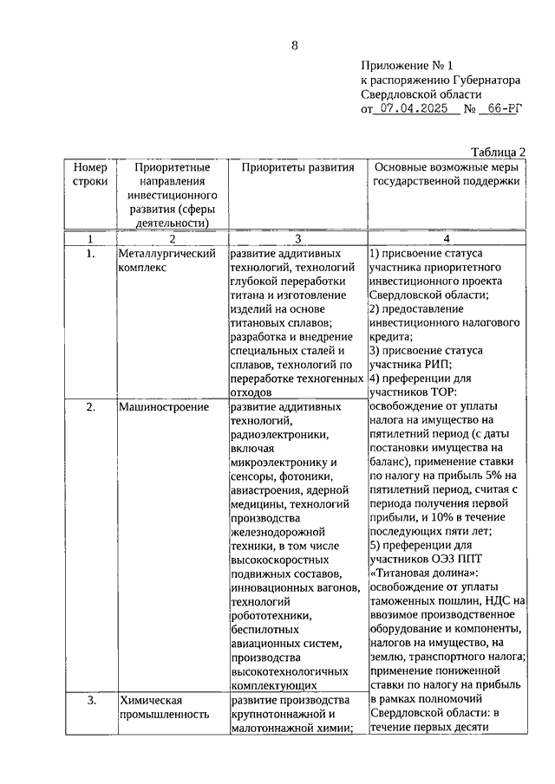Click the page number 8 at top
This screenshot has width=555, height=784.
pyautogui.click(x=294, y=46)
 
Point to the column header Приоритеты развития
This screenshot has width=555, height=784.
pyautogui.click(x=297, y=167)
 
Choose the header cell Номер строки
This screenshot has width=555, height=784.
pyautogui.click(x=90, y=175)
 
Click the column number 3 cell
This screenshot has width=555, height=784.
pyautogui.click(x=297, y=238)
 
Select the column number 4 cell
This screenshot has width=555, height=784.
pyautogui.click(x=447, y=238)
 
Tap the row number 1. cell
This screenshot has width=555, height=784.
pyautogui.click(x=90, y=254)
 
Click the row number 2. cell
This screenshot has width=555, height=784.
pyautogui.click(x=90, y=407)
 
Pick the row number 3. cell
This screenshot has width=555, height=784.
pyautogui.click(x=90, y=699)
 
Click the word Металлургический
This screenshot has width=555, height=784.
pyautogui.click(x=166, y=254)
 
